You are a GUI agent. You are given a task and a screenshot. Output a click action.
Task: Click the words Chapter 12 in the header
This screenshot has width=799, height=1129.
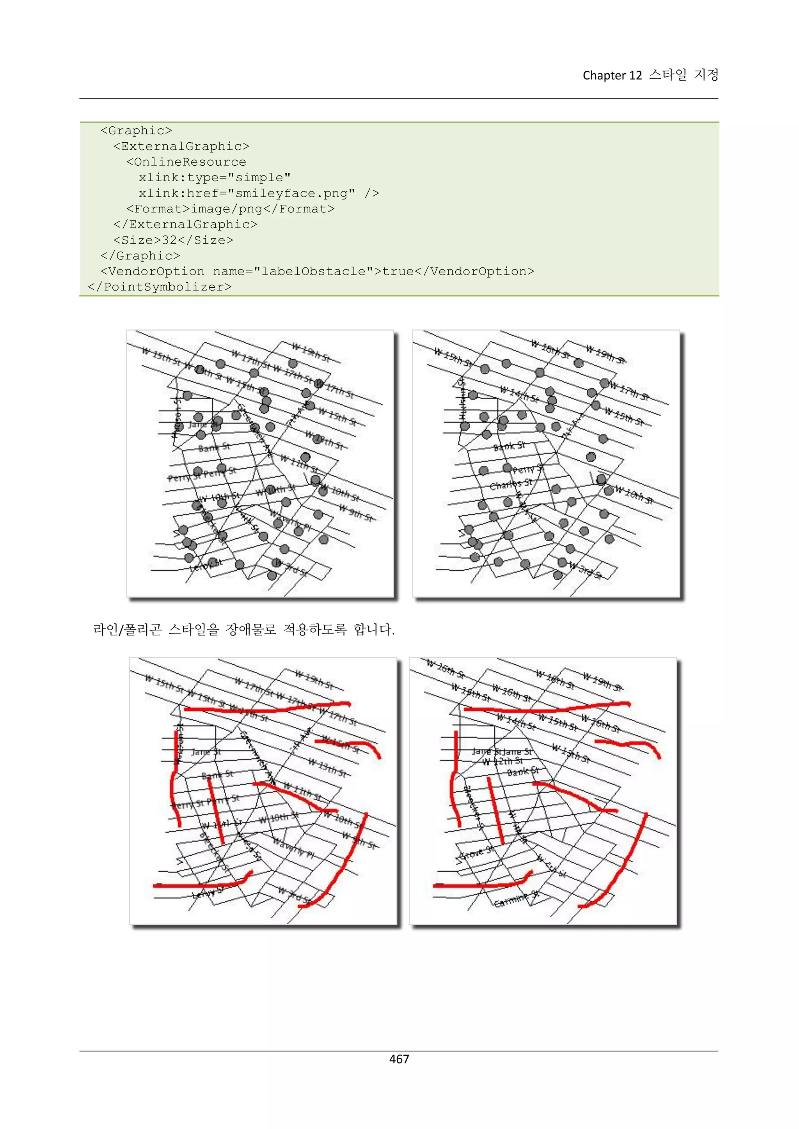[612, 75]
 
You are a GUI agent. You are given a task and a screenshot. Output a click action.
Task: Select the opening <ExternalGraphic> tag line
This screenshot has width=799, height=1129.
[181, 146]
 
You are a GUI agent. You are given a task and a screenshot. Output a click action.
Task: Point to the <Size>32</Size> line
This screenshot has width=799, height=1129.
[173, 240]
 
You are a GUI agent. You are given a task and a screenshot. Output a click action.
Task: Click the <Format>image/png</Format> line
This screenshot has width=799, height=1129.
[230, 209]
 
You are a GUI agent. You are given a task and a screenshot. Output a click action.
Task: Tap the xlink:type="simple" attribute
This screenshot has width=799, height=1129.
[215, 177]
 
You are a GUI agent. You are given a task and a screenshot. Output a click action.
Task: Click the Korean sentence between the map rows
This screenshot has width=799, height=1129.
[243, 629]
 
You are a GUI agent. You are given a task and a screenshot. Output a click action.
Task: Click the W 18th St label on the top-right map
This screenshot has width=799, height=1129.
[550, 350]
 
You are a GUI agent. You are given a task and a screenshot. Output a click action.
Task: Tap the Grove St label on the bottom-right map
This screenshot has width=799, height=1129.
[475, 852]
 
